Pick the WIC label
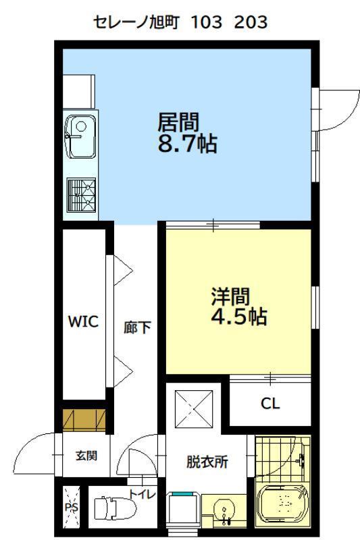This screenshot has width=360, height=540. click(x=83, y=322)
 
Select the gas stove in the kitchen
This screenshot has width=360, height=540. click(x=81, y=196)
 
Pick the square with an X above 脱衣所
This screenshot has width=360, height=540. click(x=193, y=408)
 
